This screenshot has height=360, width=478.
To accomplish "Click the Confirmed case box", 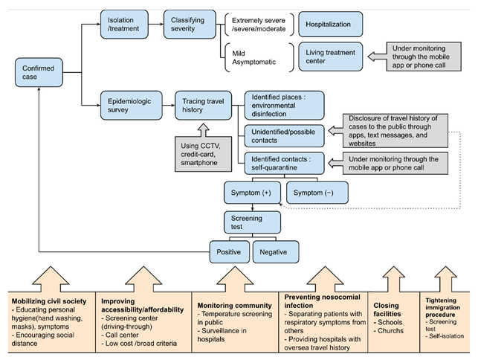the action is coord(39,72).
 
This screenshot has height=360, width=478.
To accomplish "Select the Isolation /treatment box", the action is coord(124,24).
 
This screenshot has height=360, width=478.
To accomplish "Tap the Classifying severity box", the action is coord(190,24).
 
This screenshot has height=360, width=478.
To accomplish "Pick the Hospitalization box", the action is coord(331,24).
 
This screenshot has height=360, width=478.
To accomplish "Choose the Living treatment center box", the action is coord(331,57).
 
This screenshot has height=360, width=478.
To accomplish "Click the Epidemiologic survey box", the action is coord(132,106).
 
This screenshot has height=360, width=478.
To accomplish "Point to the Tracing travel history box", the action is coord(204,106).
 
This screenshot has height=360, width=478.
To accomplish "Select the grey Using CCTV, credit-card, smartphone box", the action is coord(204,154).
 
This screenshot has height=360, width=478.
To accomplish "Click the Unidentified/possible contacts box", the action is coord(284,136).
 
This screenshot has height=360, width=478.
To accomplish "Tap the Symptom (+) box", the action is coord(252,193).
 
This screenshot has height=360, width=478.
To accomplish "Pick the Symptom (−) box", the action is coord(317,193).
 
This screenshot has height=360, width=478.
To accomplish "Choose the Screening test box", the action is coord(252,222).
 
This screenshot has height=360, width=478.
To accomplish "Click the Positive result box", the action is coord(229,252).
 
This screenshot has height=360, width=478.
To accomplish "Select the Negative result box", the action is coord(276,252).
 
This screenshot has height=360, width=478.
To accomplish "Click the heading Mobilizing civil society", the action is coord(49,301).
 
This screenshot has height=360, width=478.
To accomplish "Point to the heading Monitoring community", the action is coord(234,306).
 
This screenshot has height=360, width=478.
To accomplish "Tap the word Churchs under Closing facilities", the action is coord(390,331).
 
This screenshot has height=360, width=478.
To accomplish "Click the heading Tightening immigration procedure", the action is coord(442,307).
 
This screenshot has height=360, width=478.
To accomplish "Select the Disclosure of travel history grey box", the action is coord(395,131).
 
